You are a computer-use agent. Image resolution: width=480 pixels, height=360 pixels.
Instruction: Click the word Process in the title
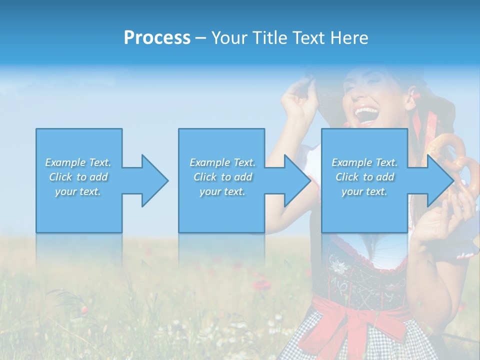pos(157,38)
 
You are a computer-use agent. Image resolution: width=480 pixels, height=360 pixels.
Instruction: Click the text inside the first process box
pos(78,177)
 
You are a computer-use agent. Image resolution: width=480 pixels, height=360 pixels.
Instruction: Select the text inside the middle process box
pos(222,177)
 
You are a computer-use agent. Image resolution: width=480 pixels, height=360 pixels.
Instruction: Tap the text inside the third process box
pos(364,177)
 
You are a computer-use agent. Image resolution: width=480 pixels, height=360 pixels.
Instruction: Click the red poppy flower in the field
pos(261,285)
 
